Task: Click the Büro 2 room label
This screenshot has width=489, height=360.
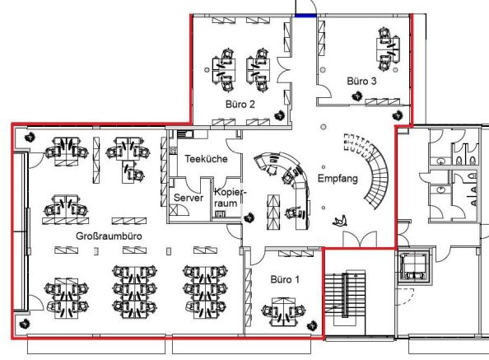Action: click(x=240, y=104)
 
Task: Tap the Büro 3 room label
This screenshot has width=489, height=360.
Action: click(x=361, y=81)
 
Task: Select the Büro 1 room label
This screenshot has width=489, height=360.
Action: click(x=285, y=279)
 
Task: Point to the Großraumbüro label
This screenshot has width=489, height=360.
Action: click(x=109, y=236)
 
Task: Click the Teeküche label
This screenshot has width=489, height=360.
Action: click(x=206, y=159)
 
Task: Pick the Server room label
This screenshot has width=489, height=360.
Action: click(x=189, y=198)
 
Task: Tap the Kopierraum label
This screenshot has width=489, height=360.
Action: click(x=228, y=198)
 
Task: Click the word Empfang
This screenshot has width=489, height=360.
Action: click(x=338, y=179)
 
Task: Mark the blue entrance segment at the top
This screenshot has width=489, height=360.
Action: click(x=305, y=15)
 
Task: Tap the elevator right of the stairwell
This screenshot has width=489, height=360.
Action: click(x=414, y=265)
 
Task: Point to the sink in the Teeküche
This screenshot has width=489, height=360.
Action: click(x=185, y=134)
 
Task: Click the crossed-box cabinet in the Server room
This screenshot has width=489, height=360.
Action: click(x=174, y=209)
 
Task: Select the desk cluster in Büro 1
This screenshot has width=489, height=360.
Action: click(x=283, y=311)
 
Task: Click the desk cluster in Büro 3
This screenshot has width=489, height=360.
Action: click(x=388, y=49)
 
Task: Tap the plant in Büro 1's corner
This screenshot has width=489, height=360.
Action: click(x=312, y=326)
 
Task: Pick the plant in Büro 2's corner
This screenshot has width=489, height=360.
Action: click(x=280, y=116)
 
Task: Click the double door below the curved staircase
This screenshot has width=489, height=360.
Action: click(x=360, y=240)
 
